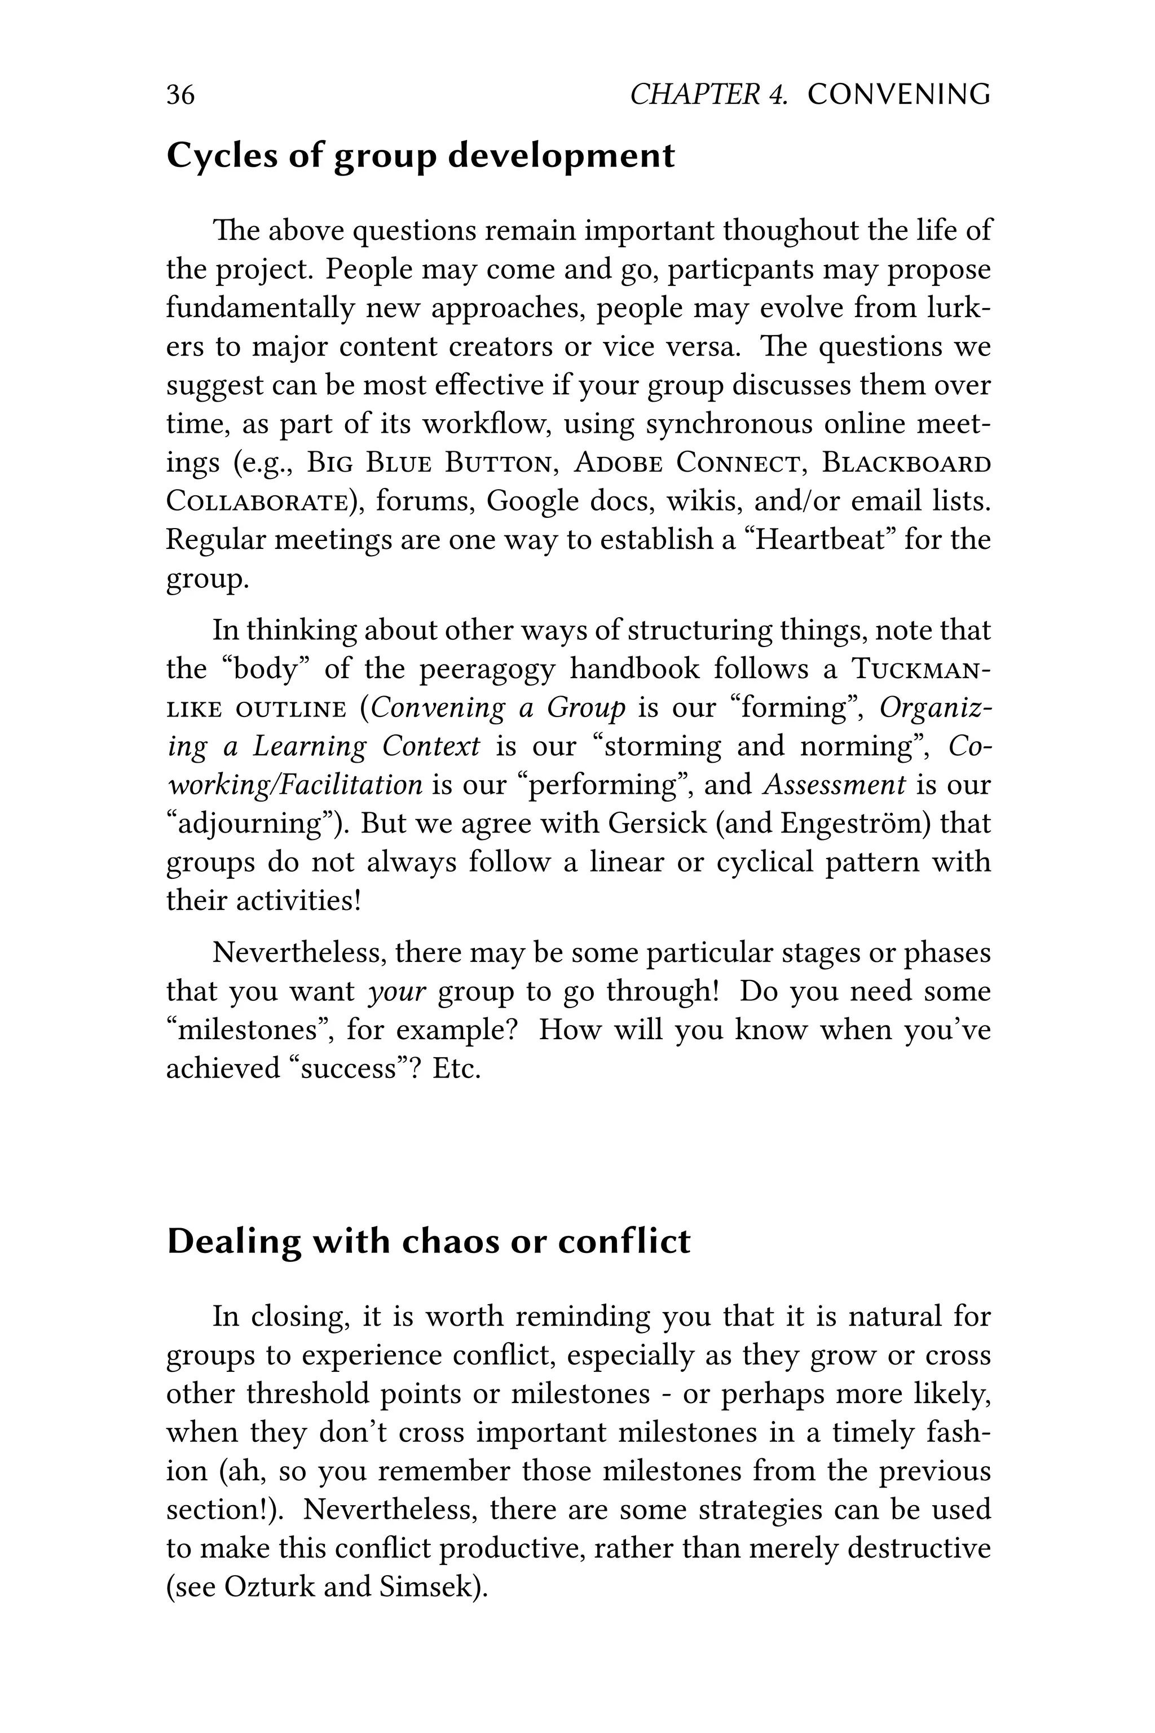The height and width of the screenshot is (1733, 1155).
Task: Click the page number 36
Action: pyautogui.click(x=180, y=95)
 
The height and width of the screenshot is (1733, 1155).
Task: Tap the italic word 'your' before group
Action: pyautogui.click(x=397, y=991)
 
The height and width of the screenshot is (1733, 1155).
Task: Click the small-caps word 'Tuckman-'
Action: pyautogui.click(x=921, y=669)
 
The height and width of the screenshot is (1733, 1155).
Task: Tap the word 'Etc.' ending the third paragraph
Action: pyautogui.click(x=456, y=1068)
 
